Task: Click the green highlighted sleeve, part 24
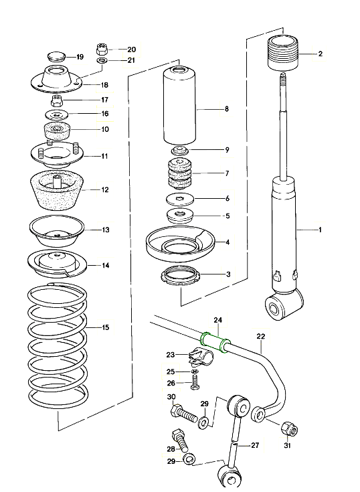(x=215, y=342)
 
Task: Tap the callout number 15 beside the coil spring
(x=106, y=327)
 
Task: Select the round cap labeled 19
(x=56, y=57)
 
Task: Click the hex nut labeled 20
(x=102, y=50)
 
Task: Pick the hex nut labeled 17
(x=57, y=100)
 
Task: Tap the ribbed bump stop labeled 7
(x=180, y=174)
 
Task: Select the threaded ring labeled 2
(x=283, y=53)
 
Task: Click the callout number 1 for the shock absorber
(x=320, y=230)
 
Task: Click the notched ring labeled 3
(x=180, y=275)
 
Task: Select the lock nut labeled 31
(x=289, y=428)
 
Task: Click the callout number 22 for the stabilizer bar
(x=260, y=336)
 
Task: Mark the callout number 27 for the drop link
(x=255, y=445)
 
